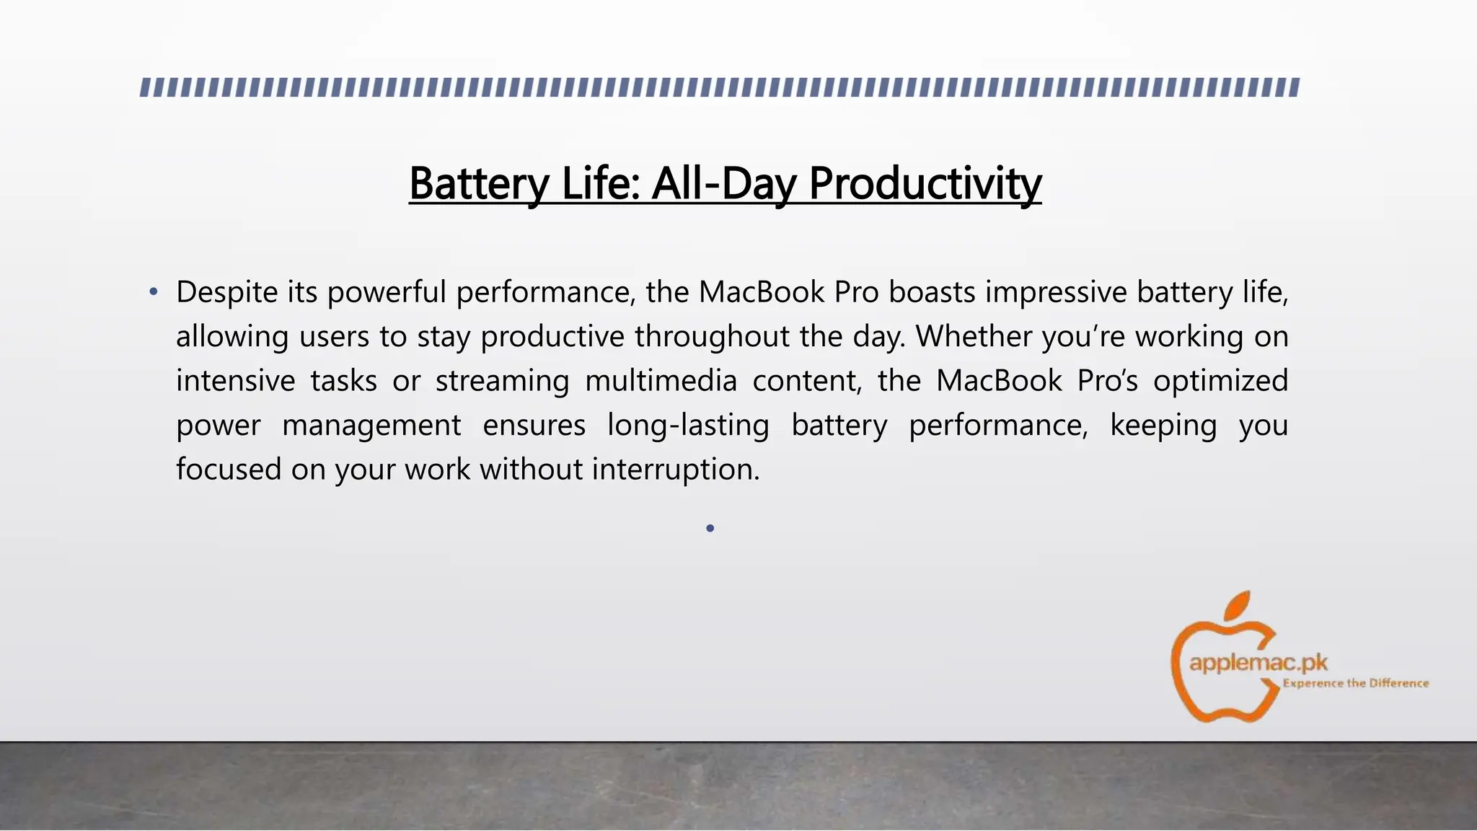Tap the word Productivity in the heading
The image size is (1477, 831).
[x=925, y=183]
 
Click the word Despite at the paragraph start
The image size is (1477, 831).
[x=226, y=292]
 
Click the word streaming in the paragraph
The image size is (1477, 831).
[x=502, y=381]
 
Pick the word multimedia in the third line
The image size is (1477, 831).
[x=661, y=381]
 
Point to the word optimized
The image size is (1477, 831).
[x=1220, y=381]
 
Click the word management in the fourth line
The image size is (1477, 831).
[x=371, y=425]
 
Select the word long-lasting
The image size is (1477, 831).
[x=688, y=425]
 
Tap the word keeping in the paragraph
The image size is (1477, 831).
[x=1163, y=425]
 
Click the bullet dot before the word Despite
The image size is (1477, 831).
[x=153, y=292]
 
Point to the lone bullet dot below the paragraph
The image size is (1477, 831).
[x=710, y=529]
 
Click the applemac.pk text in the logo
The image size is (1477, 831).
[x=1258, y=662]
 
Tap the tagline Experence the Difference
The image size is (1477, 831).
[x=1355, y=683]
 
